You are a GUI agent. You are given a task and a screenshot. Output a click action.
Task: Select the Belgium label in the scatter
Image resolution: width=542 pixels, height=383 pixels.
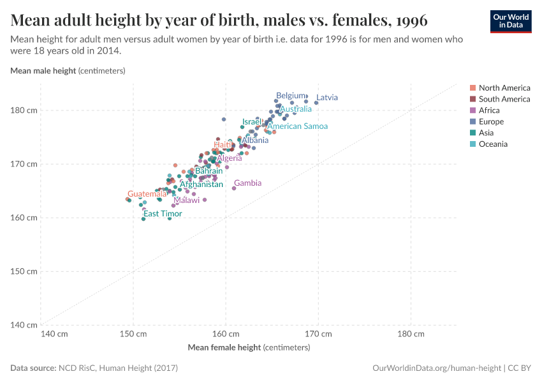[x=290, y=96]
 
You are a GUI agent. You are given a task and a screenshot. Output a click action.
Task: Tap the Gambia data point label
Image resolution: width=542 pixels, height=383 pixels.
[x=247, y=183]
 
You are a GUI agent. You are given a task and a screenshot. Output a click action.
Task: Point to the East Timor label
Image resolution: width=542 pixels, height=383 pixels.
[x=163, y=214]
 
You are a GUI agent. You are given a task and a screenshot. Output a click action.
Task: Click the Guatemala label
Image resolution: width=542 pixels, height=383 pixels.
[x=147, y=194]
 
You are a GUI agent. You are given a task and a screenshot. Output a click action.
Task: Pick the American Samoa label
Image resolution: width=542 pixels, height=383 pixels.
[x=297, y=126]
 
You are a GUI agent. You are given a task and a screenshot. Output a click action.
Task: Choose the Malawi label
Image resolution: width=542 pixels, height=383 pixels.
[x=186, y=200]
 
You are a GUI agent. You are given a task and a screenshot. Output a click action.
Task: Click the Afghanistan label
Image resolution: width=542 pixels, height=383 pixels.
[x=201, y=184]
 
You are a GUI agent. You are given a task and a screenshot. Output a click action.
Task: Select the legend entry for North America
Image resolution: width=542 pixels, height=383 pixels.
[x=504, y=88]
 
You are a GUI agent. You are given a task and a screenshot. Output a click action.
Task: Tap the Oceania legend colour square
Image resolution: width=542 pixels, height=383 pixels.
[x=472, y=144]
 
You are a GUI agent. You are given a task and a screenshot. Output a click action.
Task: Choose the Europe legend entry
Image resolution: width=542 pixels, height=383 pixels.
[x=490, y=121]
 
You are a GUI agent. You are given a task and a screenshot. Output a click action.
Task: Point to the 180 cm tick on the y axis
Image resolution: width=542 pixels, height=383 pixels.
[x=24, y=110]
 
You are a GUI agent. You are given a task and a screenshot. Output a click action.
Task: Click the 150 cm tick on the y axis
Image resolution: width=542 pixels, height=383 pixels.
[x=24, y=271]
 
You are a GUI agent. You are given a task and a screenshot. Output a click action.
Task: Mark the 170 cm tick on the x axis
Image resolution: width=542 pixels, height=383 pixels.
[x=318, y=334]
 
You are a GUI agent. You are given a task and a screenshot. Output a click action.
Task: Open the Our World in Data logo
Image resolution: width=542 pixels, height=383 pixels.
[x=510, y=21]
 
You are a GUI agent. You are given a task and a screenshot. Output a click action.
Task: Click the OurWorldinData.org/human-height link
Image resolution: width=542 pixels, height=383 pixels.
[x=436, y=368]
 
